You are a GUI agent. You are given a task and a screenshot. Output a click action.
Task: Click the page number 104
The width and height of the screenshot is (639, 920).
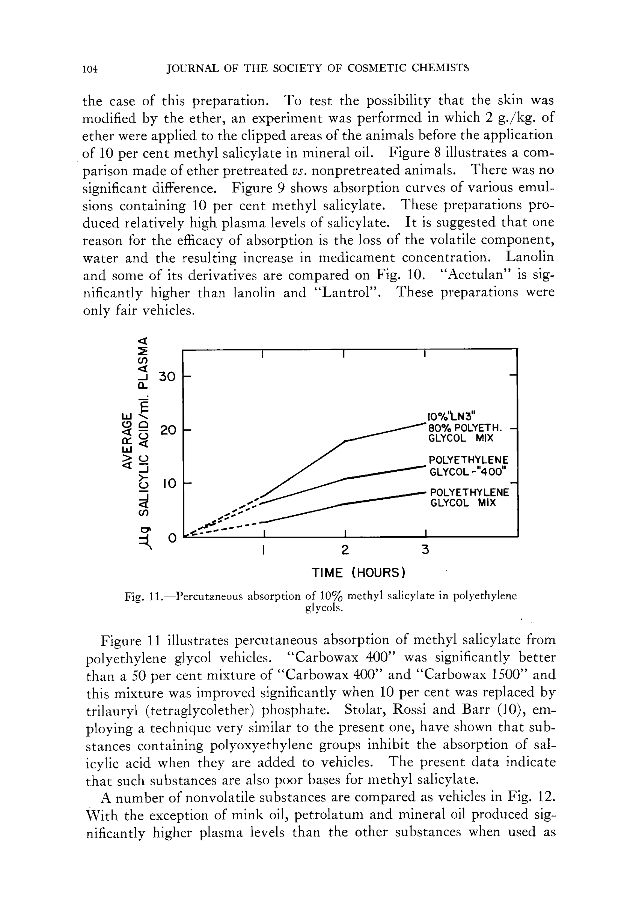tap(90, 69)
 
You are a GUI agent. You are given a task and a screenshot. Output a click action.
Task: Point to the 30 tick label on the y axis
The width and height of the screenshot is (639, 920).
tap(167, 376)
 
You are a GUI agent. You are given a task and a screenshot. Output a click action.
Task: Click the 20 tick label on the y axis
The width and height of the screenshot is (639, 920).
tap(167, 430)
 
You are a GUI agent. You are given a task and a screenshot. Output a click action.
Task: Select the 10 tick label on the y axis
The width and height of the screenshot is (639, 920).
tap(169, 484)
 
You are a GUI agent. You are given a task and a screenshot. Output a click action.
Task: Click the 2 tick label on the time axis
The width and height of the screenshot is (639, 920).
tap(345, 550)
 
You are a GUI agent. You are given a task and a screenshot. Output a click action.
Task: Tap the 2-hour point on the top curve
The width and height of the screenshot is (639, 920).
tap(345, 441)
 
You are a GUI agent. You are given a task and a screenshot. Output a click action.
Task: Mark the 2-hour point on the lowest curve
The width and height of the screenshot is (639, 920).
tap(345, 504)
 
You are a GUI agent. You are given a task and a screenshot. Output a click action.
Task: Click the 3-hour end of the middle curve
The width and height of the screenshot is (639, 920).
tap(423, 466)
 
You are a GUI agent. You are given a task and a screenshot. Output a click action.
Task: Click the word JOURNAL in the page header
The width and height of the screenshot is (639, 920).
tap(193, 69)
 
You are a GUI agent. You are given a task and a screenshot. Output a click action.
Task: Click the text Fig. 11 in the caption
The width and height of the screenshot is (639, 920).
tap(143, 597)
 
